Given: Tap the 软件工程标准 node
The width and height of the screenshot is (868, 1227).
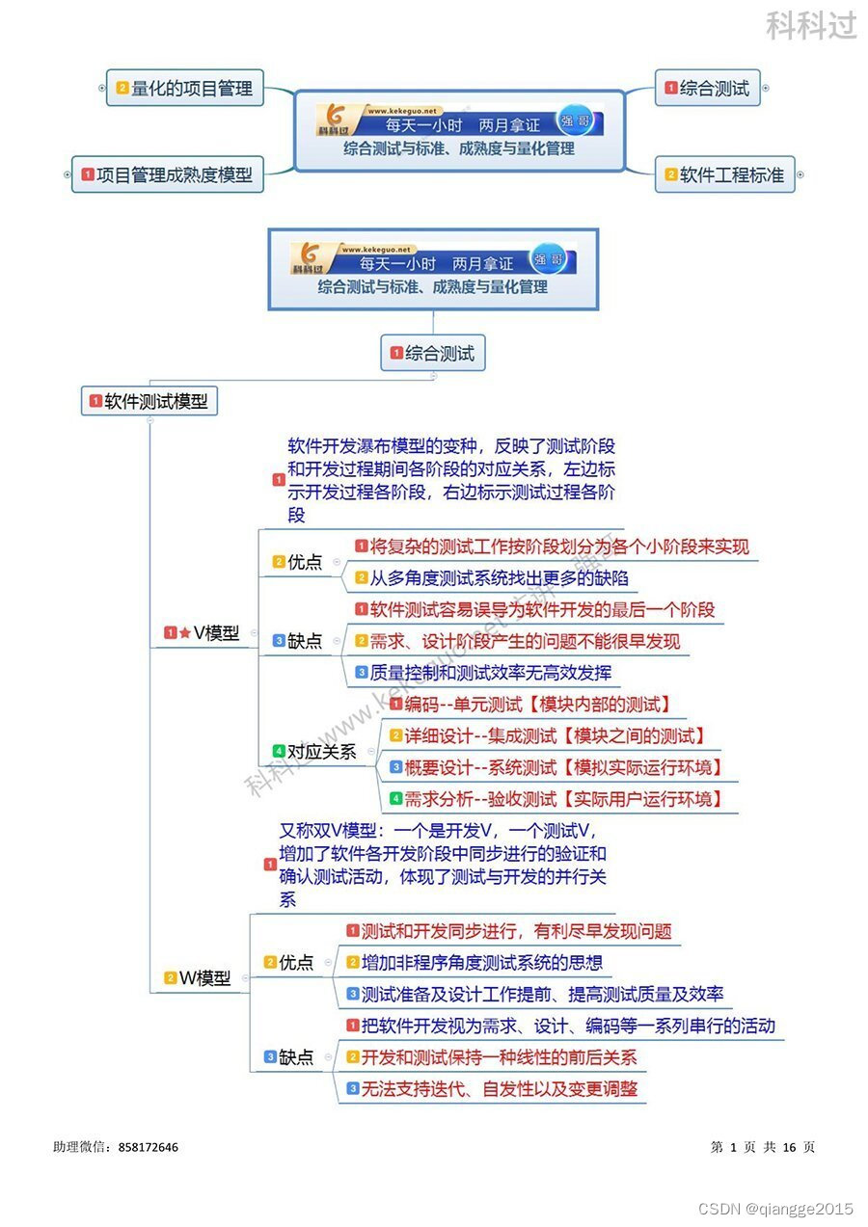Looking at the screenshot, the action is click(x=731, y=175).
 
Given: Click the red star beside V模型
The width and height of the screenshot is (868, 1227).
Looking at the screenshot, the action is click(x=184, y=633).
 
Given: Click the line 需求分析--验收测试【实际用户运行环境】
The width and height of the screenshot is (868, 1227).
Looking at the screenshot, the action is click(x=561, y=798).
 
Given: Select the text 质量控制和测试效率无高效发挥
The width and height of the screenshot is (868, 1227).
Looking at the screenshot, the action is click(x=491, y=673).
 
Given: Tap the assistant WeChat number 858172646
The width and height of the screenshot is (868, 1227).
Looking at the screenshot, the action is click(x=149, y=1147).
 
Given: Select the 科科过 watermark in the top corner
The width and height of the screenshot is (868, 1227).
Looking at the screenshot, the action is click(x=811, y=25).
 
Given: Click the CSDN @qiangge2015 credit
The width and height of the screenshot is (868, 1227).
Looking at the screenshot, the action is click(x=775, y=1209).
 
